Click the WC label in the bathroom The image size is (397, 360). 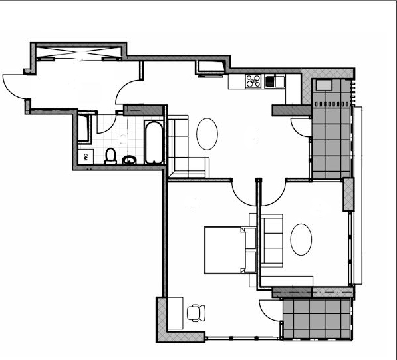pos(86,157)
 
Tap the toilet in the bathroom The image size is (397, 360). pos(110,156)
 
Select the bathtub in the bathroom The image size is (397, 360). pos(154,142)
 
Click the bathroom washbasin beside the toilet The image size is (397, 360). pos(130,160)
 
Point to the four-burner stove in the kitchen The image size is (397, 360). pos(253,81)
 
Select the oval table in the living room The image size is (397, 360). pos(207,134)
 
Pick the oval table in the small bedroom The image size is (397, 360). pos(301,240)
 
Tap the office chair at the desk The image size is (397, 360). pos(196,313)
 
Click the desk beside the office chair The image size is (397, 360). pos(175,313)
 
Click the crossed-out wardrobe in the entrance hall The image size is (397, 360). pos(78,53)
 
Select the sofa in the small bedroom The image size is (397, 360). pos(272,241)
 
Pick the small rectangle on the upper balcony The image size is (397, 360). pos(324,85)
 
